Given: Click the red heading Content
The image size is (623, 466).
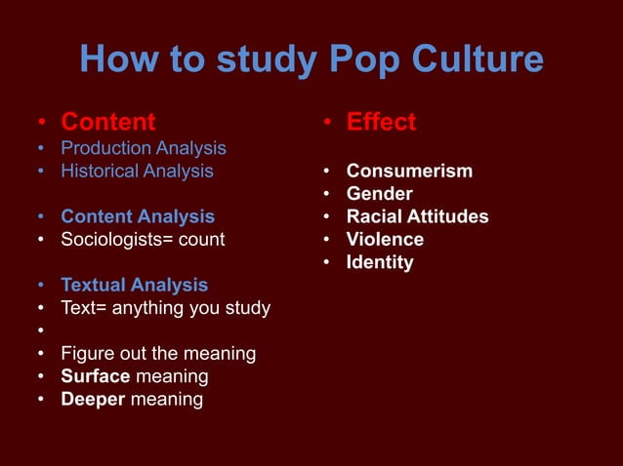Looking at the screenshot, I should point(107,122).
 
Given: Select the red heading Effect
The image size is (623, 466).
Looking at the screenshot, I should point(381,122).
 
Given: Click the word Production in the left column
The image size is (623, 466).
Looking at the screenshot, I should point(104,148).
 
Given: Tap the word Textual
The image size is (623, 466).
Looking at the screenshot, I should point(96,285).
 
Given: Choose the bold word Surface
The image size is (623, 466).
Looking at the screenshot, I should point(96,375).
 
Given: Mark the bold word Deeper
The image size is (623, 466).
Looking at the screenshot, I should point(93,399).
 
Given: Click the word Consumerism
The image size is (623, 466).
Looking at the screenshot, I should point(409,172).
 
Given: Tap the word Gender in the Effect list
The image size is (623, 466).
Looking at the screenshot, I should point(379,194).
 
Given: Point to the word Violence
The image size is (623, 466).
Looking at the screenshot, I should point(385,239).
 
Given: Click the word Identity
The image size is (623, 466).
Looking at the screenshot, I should point(380,262).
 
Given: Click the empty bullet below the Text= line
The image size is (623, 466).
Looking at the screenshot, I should point(41,331).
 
